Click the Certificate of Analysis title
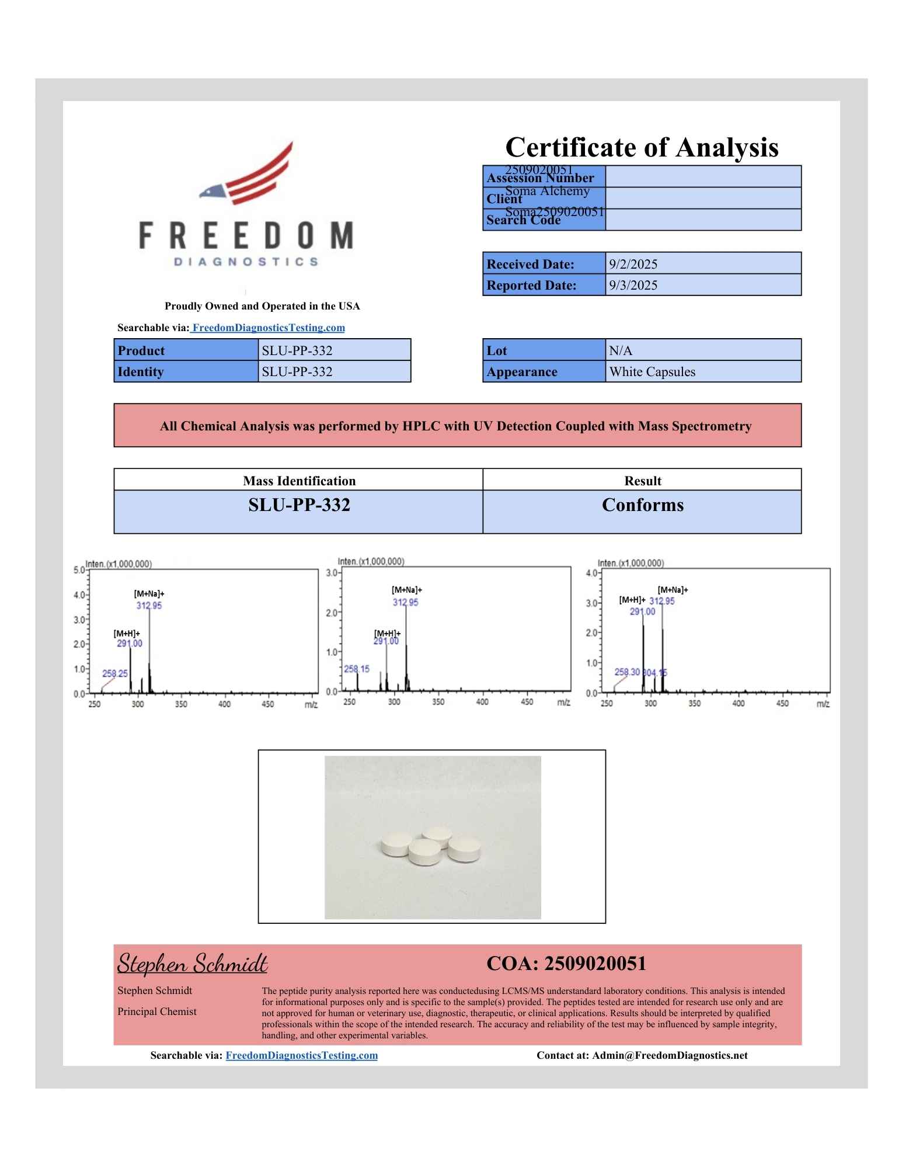point(641,147)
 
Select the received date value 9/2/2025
point(633,264)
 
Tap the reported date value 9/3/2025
point(633,285)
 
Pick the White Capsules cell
point(652,371)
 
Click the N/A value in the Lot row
point(621,350)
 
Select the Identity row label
point(141,371)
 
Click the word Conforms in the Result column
point(642,505)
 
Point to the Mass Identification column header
point(299,481)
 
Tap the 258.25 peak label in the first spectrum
point(115,673)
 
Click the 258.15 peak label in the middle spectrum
point(356,669)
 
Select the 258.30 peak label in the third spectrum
point(627,672)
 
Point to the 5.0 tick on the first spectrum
point(78,570)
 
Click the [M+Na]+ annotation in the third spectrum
point(673,590)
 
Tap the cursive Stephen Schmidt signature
point(192,963)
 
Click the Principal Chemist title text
point(157,1011)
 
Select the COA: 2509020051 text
point(566,964)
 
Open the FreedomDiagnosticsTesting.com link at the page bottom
point(301,1055)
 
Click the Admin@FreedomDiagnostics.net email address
point(670,1055)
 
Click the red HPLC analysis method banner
point(457,426)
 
